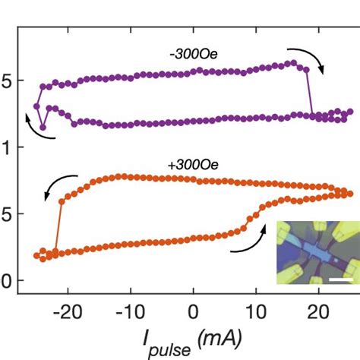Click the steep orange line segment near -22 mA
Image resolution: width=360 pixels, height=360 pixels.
(58, 226)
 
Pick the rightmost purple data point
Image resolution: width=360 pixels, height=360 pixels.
(350, 112)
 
